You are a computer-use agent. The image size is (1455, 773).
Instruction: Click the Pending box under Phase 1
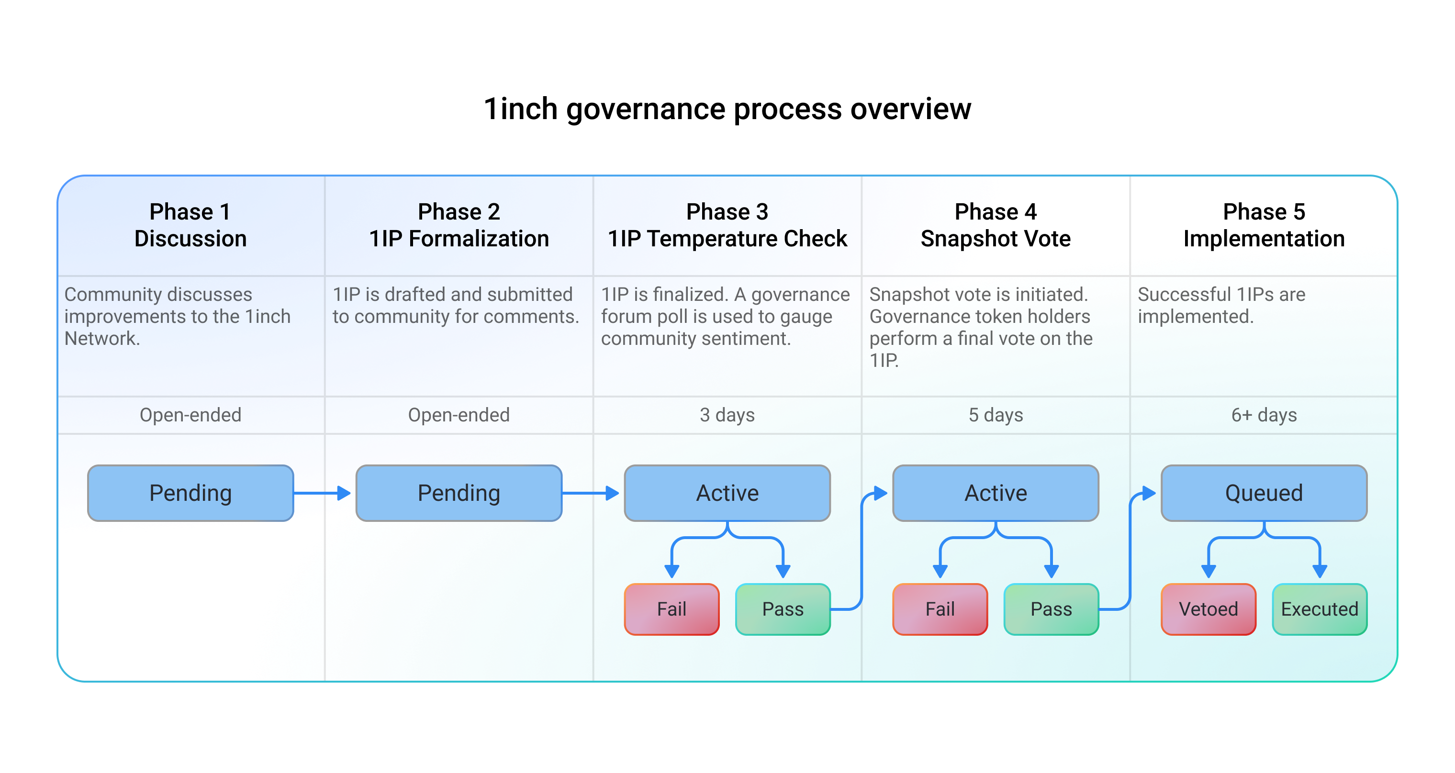[190, 493]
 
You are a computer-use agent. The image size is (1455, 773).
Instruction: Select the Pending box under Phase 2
[459, 493]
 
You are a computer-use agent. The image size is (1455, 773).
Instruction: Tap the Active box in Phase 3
[727, 493]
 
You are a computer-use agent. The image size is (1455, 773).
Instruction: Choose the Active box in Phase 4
[995, 493]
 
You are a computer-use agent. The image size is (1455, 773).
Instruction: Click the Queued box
[1264, 493]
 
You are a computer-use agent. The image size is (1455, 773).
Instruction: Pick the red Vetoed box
[1208, 608]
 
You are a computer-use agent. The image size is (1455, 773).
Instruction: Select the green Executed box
[1320, 608]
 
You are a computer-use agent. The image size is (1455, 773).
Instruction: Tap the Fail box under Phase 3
[672, 608]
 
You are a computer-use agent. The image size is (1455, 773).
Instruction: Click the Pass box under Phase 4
[1051, 608]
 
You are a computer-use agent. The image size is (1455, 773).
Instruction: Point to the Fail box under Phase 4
[940, 608]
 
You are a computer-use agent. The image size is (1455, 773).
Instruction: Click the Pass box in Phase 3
[783, 608]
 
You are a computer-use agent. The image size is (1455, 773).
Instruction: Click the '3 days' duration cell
[727, 415]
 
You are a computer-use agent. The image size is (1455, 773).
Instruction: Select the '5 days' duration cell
[995, 415]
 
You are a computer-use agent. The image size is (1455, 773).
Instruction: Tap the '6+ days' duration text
[1264, 415]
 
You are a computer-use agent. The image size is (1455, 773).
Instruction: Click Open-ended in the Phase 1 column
[190, 415]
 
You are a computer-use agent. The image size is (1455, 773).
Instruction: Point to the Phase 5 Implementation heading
[1264, 225]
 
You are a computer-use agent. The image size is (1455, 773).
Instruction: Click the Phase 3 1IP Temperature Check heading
[727, 225]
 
